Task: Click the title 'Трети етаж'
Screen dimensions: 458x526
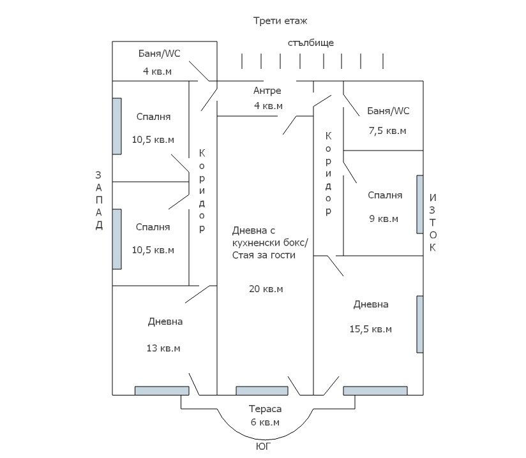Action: [281, 21]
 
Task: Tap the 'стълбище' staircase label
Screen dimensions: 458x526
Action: [311, 43]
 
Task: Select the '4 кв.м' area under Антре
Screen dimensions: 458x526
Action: [268, 106]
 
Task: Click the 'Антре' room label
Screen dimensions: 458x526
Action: [267, 91]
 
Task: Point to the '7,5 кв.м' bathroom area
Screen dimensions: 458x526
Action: [387, 131]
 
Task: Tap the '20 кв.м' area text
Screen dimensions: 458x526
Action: [266, 289]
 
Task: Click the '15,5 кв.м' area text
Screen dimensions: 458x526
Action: [370, 329]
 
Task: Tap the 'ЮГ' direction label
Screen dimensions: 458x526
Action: [264, 447]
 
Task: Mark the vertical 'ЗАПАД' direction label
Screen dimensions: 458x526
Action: [98, 200]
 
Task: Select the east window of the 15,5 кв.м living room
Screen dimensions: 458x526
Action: [420, 324]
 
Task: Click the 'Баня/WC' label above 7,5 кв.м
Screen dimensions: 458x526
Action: [388, 111]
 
